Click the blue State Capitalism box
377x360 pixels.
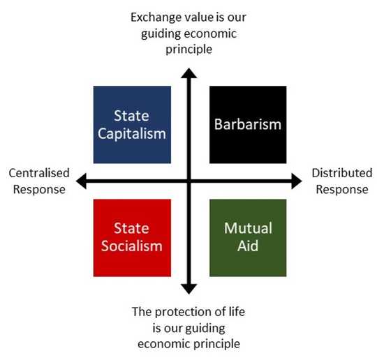tap(132, 125)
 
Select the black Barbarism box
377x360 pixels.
tap(248, 125)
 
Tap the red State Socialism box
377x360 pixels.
tap(132, 238)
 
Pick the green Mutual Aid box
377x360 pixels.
tap(248, 238)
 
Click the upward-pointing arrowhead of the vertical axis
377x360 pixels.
tap(189, 73)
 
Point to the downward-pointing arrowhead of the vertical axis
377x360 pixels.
tap(189, 289)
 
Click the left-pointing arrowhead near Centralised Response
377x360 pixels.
tap(81, 181)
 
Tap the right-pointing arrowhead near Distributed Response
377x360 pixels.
tap(297, 181)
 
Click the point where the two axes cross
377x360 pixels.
tap(189, 181)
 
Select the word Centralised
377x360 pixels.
tap(39, 173)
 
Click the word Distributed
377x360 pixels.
tap(342, 173)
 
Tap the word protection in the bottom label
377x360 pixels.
tap(183, 312)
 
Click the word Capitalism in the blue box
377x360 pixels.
tap(132, 134)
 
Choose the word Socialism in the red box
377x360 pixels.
tap(132, 246)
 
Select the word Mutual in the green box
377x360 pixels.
tap(248, 228)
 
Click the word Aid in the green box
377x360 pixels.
tap(248, 246)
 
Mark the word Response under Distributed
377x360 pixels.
tap(342, 189)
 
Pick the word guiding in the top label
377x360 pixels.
tap(161, 34)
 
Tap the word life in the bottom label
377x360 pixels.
tap(237, 312)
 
